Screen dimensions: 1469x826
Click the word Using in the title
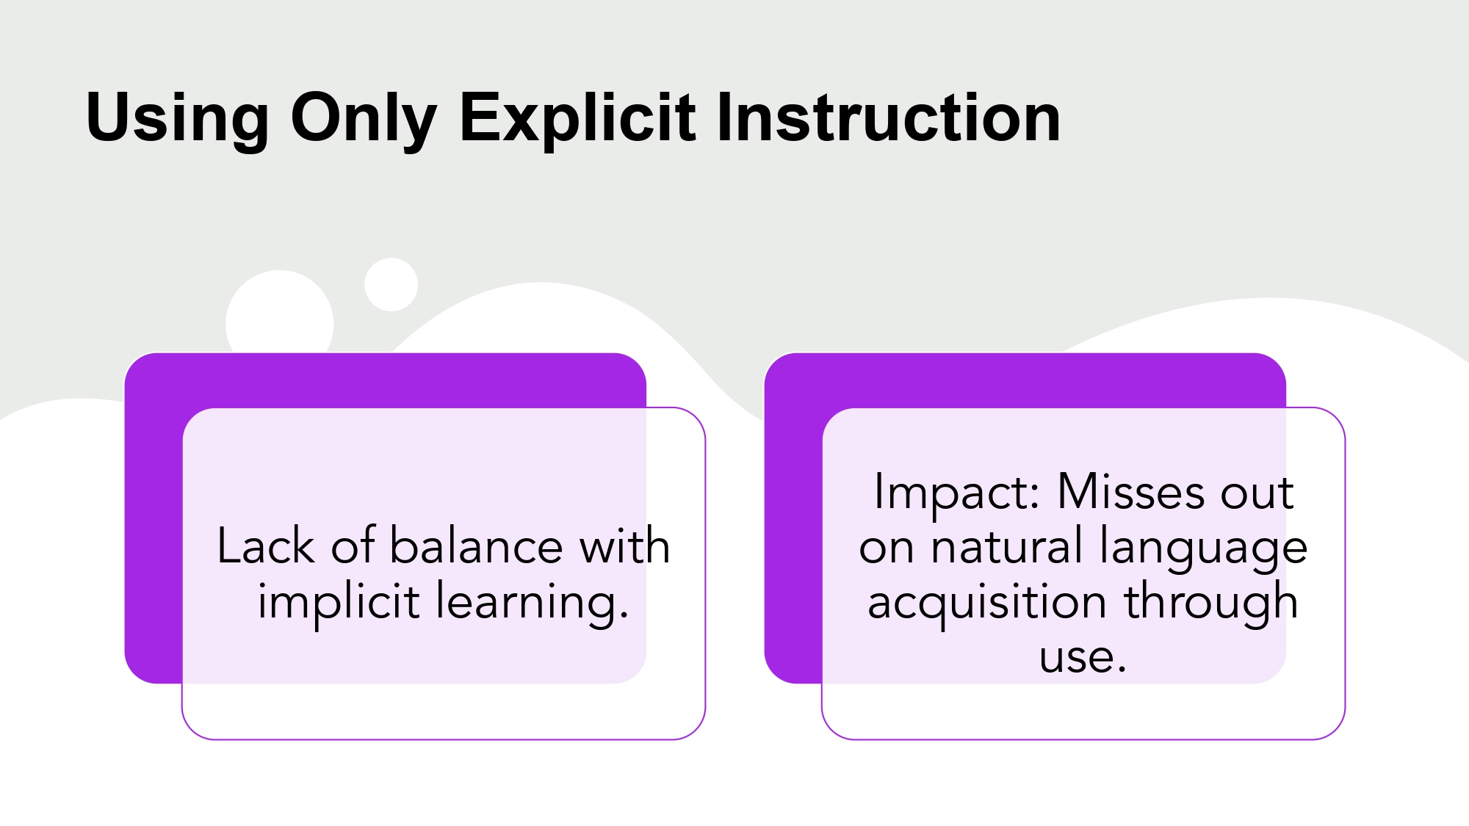click(177, 117)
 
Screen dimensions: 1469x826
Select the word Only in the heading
click(364, 117)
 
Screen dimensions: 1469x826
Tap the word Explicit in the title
click(577, 117)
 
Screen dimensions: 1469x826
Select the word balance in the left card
click(476, 546)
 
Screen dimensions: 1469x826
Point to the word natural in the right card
click(1007, 547)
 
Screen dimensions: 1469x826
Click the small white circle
click(391, 284)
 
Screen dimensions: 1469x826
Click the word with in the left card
click(624, 546)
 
